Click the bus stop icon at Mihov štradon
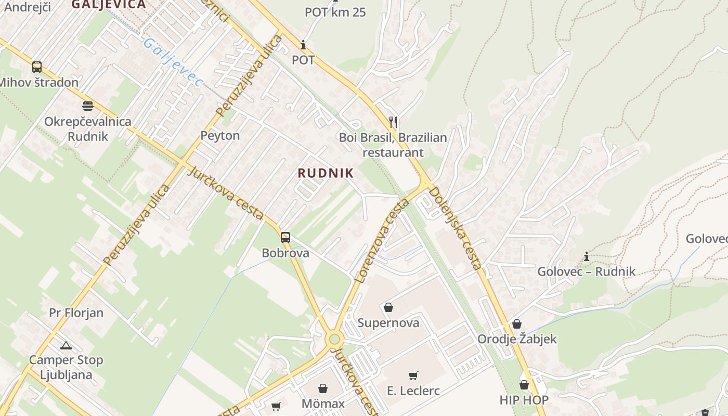click(36, 67)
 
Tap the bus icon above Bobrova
click(285, 238)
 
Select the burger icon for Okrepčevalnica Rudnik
click(87, 106)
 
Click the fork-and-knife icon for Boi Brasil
click(393, 122)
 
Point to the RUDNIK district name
click(326, 173)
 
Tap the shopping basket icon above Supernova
click(388, 307)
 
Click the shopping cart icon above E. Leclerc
click(413, 375)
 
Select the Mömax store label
click(323, 404)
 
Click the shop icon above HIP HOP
click(524, 385)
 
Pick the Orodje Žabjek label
click(517, 339)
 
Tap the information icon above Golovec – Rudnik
click(587, 256)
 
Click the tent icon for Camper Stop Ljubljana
click(66, 345)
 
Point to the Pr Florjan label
click(76, 313)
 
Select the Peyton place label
click(220, 136)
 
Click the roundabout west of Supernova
click(334, 340)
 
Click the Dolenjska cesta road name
click(455, 228)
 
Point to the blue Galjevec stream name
click(172, 62)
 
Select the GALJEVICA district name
click(108, 5)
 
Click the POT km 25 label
click(335, 12)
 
